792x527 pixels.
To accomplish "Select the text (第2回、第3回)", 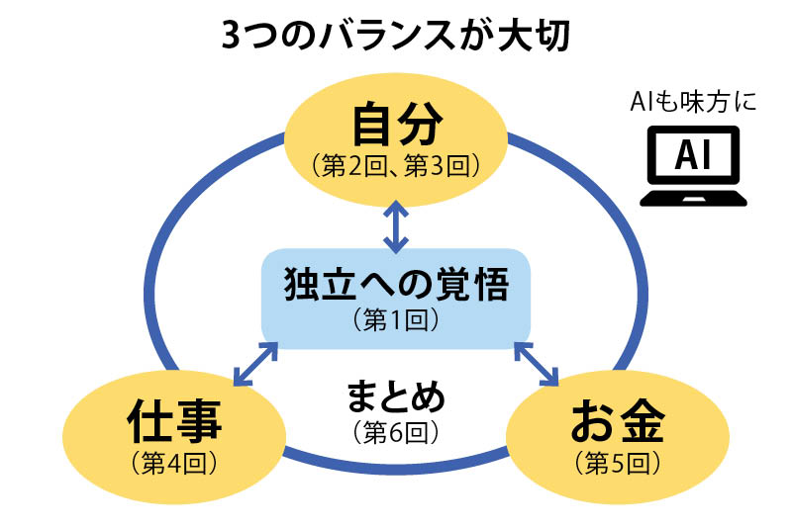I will click(x=396, y=164).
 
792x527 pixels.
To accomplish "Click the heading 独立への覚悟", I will click(x=396, y=286).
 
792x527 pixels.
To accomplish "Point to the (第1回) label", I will click(x=395, y=320).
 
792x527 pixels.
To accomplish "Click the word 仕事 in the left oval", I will click(x=175, y=425).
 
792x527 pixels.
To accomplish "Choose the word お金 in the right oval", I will click(x=615, y=425).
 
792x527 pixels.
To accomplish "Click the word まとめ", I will click(x=396, y=397).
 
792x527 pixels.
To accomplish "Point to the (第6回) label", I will click(x=395, y=432).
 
